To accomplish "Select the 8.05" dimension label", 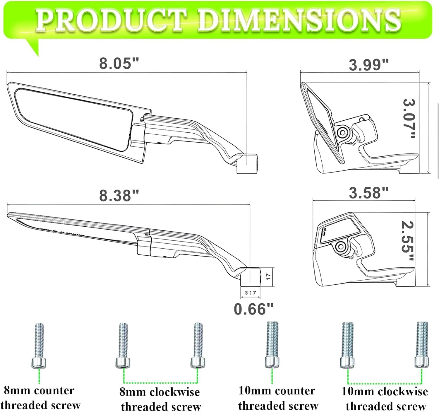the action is (119, 63).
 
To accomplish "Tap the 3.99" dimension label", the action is (369, 65).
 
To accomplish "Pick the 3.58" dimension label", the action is (369, 193).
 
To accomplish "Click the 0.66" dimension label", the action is (254, 309).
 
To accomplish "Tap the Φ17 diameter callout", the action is (250, 293).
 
